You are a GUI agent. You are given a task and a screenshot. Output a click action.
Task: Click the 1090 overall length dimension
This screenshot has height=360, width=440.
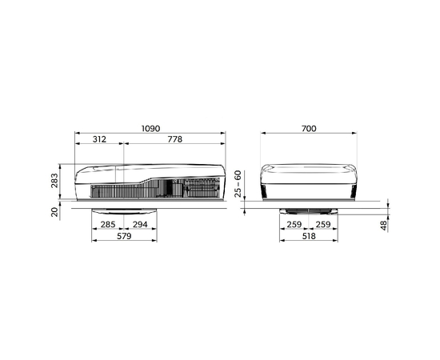click(150, 127)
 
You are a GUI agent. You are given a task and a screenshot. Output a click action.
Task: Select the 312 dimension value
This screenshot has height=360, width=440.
click(99, 139)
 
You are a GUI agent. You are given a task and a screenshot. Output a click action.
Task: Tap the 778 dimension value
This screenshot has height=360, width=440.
click(174, 139)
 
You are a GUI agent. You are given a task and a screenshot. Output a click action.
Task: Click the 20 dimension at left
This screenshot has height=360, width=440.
click(54, 212)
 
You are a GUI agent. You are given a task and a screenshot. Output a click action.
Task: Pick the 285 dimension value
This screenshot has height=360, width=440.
click(109, 226)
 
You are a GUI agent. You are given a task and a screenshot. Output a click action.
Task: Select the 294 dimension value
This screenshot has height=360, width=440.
click(140, 226)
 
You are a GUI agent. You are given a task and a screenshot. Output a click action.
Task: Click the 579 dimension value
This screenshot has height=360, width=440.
click(125, 238)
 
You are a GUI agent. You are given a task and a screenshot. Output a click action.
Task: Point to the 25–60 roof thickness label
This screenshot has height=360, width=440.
click(238, 185)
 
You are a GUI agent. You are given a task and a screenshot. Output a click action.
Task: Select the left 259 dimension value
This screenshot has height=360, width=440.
click(293, 226)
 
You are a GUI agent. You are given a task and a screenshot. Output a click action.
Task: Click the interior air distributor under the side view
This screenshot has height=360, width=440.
click(125, 210)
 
